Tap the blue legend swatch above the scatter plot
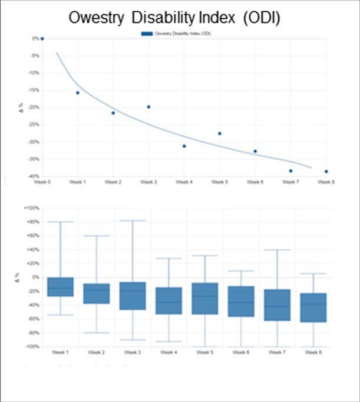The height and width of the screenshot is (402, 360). [x=147, y=34]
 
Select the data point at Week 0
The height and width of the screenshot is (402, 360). [x=42, y=38]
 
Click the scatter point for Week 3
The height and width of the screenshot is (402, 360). [x=148, y=107]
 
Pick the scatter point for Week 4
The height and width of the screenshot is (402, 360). [x=184, y=146]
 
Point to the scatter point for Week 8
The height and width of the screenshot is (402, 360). [x=326, y=172]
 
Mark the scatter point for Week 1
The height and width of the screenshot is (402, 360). [x=78, y=93]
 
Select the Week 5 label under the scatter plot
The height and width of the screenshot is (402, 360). [x=219, y=183]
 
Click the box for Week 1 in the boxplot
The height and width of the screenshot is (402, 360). [x=60, y=286]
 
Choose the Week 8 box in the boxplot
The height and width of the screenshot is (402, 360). [x=312, y=307]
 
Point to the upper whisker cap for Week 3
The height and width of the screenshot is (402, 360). [x=132, y=220]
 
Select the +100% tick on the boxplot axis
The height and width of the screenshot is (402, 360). [x=31, y=208]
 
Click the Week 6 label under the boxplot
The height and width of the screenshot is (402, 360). [x=240, y=352]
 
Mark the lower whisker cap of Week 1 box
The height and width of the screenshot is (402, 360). [x=60, y=315]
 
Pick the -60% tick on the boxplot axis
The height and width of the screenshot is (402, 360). [x=32, y=319]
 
